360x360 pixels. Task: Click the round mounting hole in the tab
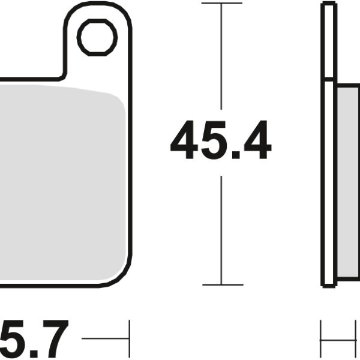(x=97, y=37)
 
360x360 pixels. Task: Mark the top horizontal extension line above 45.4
(x=222, y=4)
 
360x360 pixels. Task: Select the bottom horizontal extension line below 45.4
(x=222, y=284)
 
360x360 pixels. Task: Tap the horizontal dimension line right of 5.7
(x=105, y=339)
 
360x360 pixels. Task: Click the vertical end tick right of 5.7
(x=129, y=339)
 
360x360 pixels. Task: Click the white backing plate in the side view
(x=328, y=180)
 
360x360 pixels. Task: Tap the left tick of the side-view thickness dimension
(x=321, y=339)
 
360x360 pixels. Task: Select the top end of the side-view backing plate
(x=328, y=5)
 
